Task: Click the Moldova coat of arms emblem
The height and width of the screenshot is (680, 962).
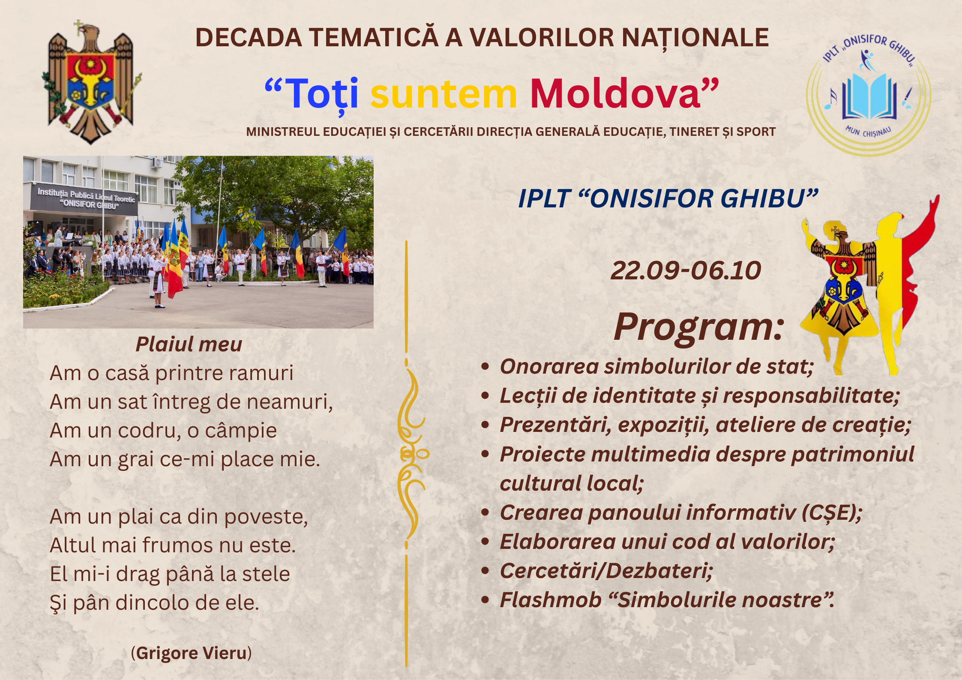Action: click(x=91, y=82)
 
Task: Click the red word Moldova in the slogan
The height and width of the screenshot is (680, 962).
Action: click(x=615, y=93)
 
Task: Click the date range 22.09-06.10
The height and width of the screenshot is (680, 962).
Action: click(x=686, y=271)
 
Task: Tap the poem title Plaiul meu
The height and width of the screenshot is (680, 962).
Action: click(x=189, y=344)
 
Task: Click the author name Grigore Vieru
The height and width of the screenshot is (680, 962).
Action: click(x=191, y=653)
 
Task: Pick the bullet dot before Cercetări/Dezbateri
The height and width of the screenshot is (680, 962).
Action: click(x=485, y=571)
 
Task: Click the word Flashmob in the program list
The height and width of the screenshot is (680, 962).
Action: click(x=551, y=600)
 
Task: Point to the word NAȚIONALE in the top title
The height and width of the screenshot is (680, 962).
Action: click(x=695, y=38)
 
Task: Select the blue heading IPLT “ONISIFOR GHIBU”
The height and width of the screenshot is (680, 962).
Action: click(x=668, y=198)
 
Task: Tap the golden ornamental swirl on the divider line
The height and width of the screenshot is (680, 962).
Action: click(x=411, y=454)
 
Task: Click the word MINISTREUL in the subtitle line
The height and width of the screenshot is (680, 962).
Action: click(x=283, y=132)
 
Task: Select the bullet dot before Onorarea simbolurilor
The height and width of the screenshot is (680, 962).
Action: click(x=485, y=366)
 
